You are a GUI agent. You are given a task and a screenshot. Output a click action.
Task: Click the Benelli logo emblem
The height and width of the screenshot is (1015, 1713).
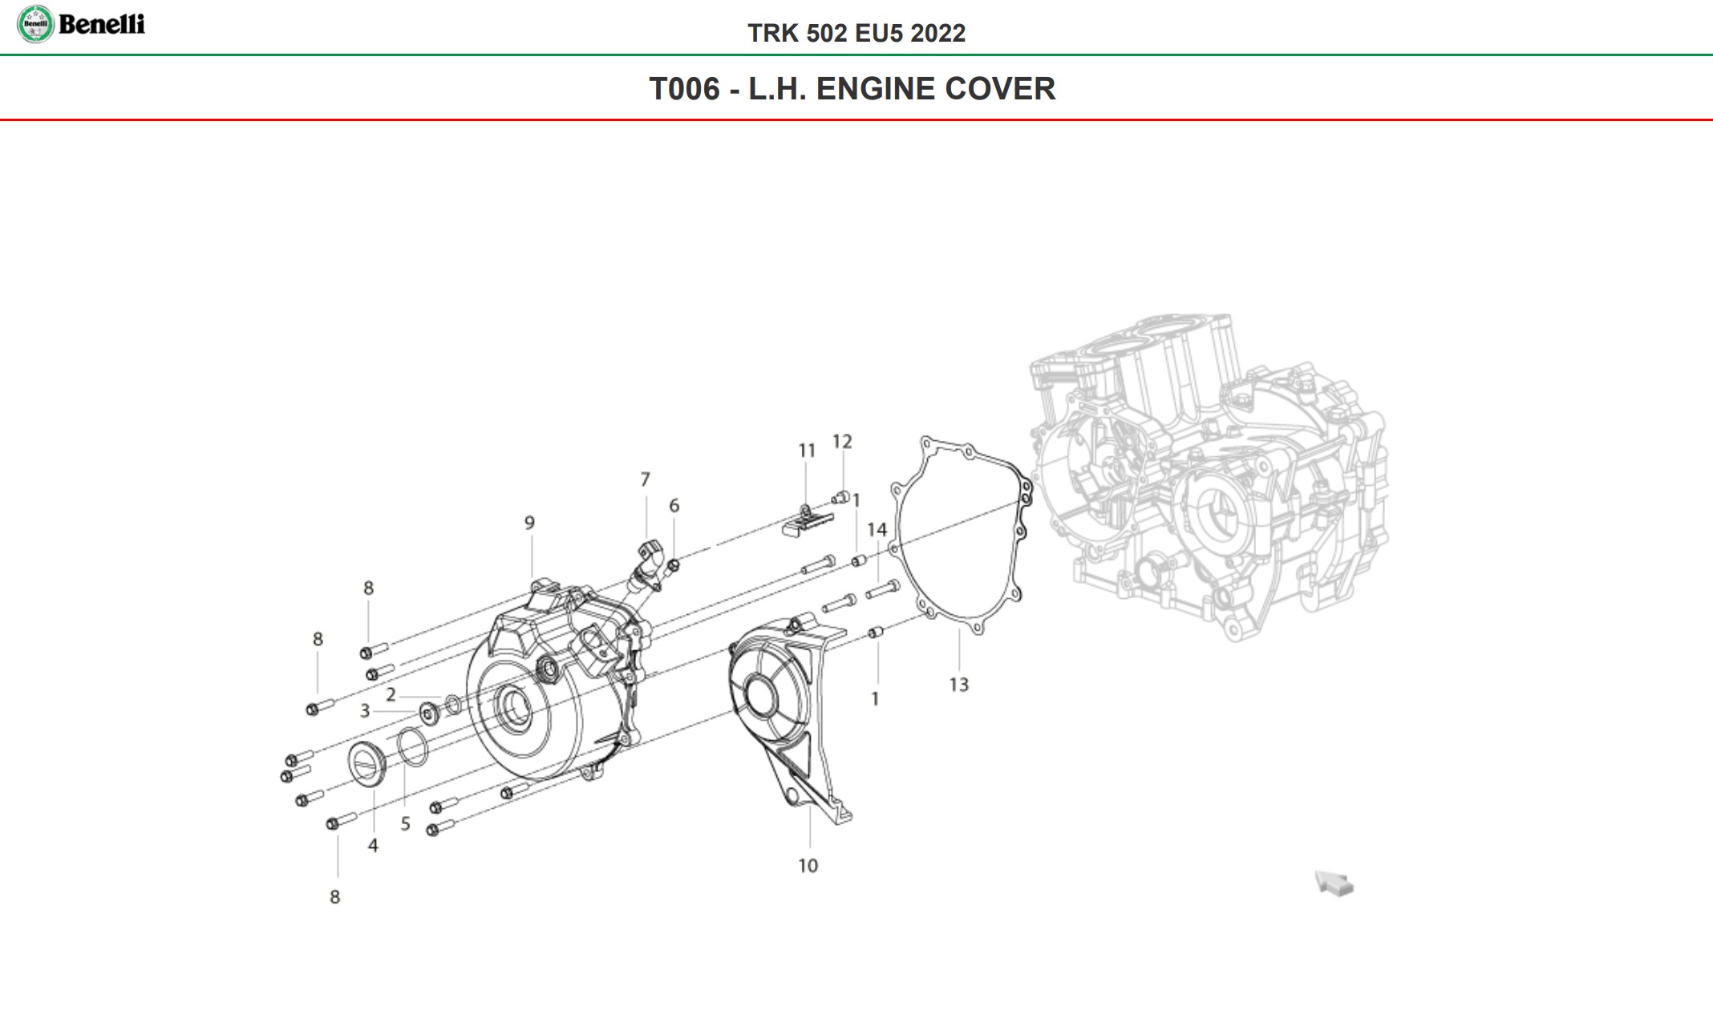[x=35, y=24]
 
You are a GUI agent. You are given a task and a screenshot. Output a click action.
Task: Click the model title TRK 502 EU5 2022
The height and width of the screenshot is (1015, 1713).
[x=856, y=33]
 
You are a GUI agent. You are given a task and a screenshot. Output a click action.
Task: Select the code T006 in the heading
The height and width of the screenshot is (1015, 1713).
[x=684, y=89]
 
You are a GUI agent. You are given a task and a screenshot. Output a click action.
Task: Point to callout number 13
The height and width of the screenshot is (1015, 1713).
[x=958, y=685]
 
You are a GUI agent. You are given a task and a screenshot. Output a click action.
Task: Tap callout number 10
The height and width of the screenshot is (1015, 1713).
[x=808, y=866]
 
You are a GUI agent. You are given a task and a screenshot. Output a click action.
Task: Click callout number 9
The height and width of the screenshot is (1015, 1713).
[x=529, y=523]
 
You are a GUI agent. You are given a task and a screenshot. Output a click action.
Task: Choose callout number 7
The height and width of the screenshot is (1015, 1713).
[x=645, y=479]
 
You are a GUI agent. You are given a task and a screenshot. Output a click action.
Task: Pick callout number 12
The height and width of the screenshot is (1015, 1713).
[x=842, y=442]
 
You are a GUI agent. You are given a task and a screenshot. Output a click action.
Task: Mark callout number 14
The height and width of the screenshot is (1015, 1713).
[x=877, y=530]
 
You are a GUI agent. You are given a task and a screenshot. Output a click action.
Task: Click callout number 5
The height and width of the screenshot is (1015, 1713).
[x=405, y=824]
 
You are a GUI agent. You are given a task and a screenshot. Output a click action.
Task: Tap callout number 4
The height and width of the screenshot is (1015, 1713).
[x=373, y=845]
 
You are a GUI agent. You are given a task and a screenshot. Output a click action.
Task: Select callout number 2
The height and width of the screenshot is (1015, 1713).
[x=391, y=694]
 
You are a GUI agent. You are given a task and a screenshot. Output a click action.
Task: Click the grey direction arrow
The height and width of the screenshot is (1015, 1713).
[x=1334, y=884]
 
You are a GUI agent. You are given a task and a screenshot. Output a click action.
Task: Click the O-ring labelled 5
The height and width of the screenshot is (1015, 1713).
[x=413, y=746]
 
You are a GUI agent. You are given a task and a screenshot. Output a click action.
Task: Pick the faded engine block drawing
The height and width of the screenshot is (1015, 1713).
[x=1211, y=481]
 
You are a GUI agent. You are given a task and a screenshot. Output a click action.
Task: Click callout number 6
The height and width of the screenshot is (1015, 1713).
[x=674, y=506]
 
